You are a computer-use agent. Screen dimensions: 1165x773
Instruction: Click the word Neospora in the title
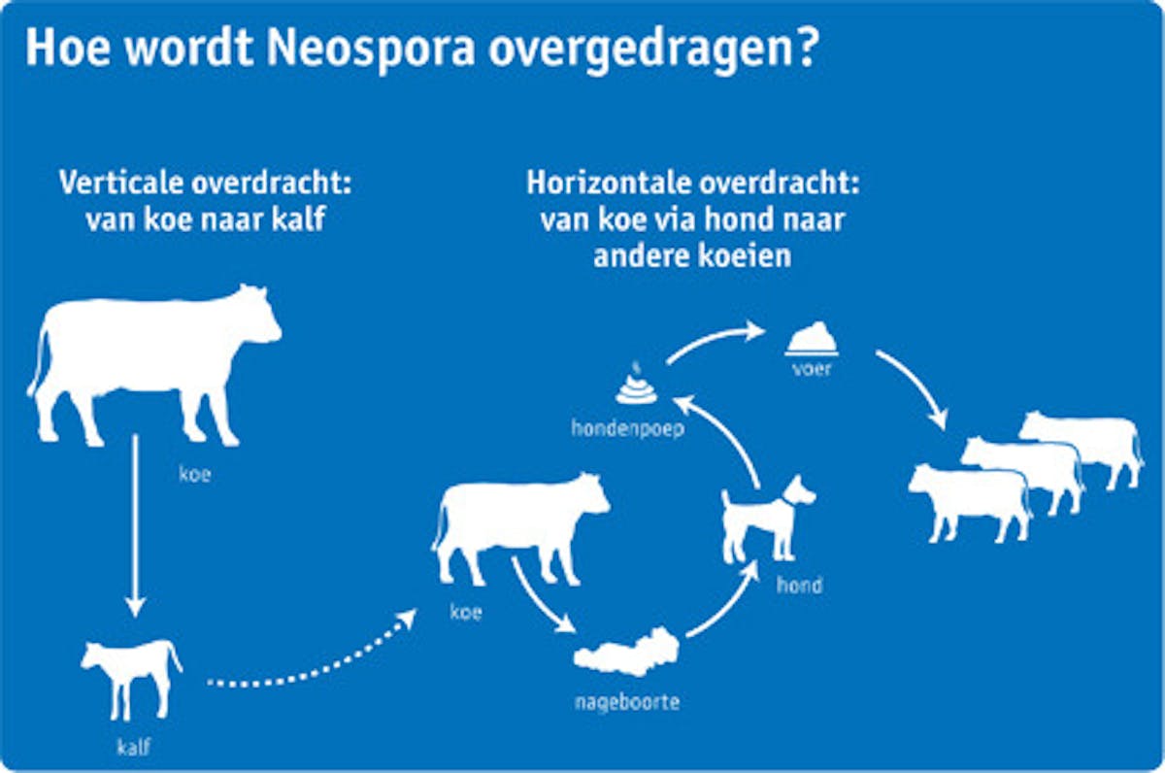pos(371,47)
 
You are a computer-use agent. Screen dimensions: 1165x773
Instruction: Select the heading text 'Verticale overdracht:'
pos(206,183)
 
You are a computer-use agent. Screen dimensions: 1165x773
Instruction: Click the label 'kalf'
pos(134,748)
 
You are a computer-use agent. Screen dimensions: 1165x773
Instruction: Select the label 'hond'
pos(799,586)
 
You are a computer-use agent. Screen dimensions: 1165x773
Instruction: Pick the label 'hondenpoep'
pos(628,429)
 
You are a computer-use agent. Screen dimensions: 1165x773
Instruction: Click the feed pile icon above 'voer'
pos(812,339)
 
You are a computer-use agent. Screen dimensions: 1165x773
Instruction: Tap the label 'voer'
pos(812,369)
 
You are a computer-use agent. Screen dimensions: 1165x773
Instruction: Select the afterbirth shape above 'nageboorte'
pos(626,652)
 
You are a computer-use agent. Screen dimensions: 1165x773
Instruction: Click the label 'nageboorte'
pos(627,702)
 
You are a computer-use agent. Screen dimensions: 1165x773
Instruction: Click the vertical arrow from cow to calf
pos(135,525)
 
